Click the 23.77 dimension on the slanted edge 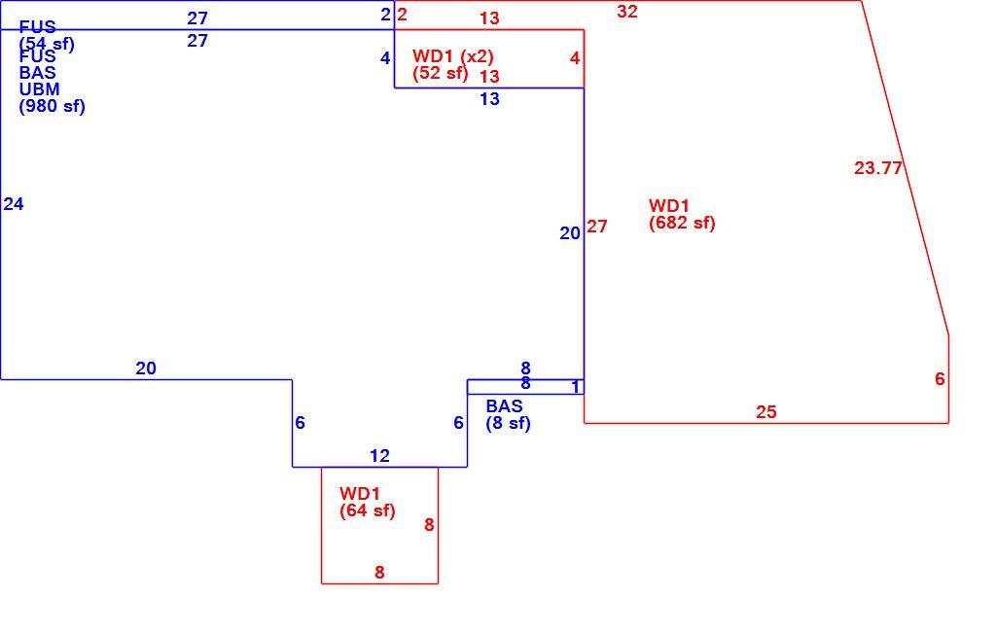[x=878, y=168]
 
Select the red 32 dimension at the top [x=627, y=12]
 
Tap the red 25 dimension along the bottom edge [x=766, y=412]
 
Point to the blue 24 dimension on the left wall [x=14, y=204]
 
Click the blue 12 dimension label [x=379, y=456]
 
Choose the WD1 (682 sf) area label [x=682, y=214]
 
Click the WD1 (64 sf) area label [x=368, y=502]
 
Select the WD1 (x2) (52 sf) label [x=452, y=64]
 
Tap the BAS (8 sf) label [x=508, y=414]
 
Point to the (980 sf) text [x=53, y=106]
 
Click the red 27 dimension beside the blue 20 [x=597, y=227]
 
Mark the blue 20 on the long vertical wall [x=570, y=233]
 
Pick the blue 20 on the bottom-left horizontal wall [x=146, y=369]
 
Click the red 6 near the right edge [x=940, y=379]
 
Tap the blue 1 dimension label [x=576, y=387]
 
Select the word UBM [x=40, y=89]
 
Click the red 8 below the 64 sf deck [x=379, y=573]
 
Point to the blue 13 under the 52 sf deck [x=489, y=99]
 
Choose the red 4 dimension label [x=575, y=58]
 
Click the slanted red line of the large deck [x=906, y=168]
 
